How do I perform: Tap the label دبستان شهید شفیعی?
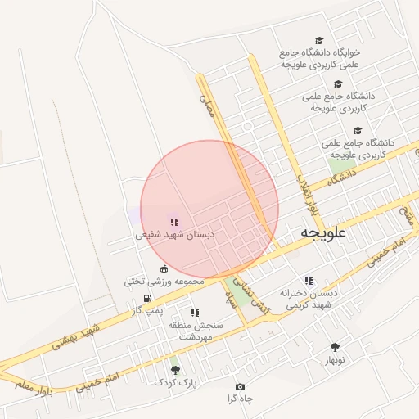[174, 234]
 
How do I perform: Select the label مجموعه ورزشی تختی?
[164, 281]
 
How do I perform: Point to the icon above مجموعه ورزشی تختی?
[164, 268]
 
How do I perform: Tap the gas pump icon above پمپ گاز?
[146, 298]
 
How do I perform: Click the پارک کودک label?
[174, 381]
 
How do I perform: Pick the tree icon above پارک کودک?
[174, 370]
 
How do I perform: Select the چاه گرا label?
[242, 399]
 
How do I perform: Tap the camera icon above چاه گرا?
[240, 386]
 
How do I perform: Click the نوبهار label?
[336, 359]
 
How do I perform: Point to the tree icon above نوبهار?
[335, 347]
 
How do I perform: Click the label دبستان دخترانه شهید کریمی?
[309, 298]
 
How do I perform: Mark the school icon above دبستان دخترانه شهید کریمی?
[308, 281]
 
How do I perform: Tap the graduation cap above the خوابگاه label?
[319, 40]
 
